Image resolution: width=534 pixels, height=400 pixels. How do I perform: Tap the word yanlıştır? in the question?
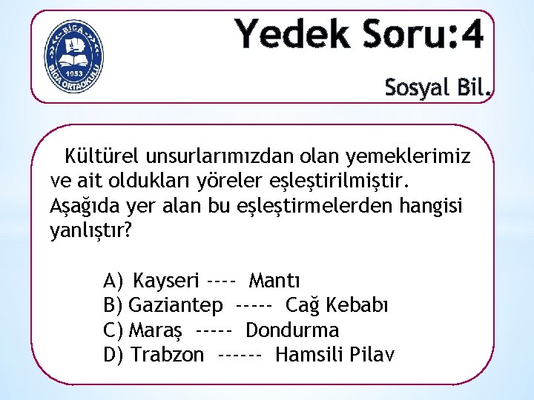point(90,230)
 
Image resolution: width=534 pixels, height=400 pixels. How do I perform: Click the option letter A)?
point(114,281)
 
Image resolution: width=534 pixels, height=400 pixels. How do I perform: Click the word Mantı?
point(274,281)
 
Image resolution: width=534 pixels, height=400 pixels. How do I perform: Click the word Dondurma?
point(292,330)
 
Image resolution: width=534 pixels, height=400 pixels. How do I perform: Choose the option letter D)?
point(114,355)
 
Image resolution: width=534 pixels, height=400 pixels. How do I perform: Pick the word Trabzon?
point(167,355)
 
